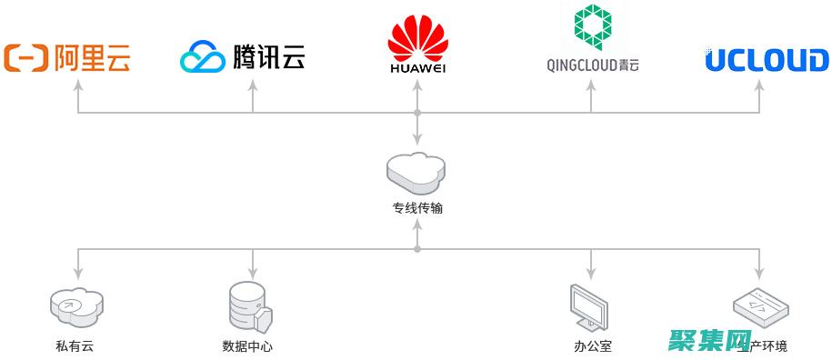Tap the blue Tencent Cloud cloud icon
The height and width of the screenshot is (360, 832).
202,57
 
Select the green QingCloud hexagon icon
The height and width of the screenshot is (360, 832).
592,28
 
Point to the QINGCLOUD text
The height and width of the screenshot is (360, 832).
581,65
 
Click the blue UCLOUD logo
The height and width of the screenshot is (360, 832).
767,60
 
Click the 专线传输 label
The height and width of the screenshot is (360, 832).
417,208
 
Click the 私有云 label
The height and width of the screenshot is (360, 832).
75,346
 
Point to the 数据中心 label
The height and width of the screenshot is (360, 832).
247,346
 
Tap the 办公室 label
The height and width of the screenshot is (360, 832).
593,346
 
